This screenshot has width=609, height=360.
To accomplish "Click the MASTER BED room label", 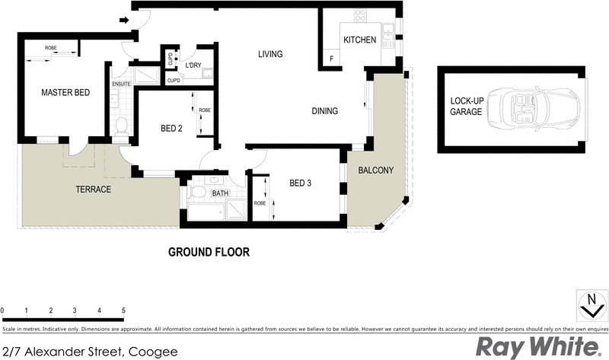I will click(x=65, y=93).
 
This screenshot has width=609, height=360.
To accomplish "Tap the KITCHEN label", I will click(x=359, y=40).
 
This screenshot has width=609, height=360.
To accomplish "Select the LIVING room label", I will click(x=269, y=54).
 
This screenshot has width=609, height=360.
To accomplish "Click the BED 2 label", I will click(x=171, y=128).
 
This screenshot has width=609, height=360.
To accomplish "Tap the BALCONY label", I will click(x=376, y=170).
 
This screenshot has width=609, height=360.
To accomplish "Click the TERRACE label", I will click(x=94, y=189).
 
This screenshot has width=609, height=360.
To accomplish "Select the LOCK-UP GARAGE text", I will click(x=466, y=106).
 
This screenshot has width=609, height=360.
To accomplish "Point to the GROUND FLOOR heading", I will click(x=209, y=252).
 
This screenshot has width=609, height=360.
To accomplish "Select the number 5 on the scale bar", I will click(x=123, y=311).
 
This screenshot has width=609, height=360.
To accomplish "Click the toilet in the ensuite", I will click(x=120, y=125).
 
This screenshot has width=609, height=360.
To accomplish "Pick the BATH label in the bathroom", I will click(x=220, y=193).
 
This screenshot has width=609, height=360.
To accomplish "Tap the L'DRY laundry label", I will click(x=193, y=65).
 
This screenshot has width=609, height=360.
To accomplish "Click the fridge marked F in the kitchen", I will click(x=331, y=59).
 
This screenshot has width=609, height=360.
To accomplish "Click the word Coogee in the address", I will click(x=153, y=351).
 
